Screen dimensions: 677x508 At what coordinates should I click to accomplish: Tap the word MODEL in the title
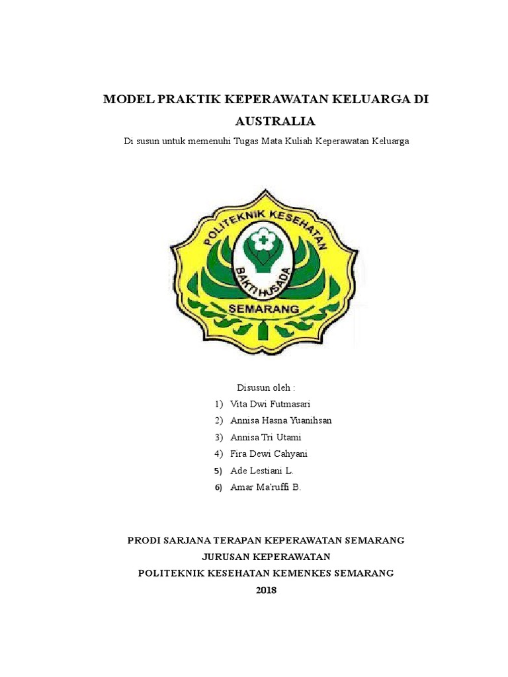tap(127, 100)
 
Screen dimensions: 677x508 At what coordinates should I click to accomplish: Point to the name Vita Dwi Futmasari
tap(270, 404)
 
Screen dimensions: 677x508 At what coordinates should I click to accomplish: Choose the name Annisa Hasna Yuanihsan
tap(281, 420)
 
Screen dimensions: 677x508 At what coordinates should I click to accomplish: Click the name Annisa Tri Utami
tap(266, 438)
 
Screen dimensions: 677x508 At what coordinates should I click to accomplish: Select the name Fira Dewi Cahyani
tap(269, 454)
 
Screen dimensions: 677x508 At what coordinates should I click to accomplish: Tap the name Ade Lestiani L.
tap(261, 471)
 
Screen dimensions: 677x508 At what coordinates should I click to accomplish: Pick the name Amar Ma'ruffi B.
tap(265, 488)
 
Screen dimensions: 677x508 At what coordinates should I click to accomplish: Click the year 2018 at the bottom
tap(266, 590)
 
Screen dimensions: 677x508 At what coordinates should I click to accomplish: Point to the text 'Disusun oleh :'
tap(266, 387)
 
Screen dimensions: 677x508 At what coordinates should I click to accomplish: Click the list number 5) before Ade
tap(218, 471)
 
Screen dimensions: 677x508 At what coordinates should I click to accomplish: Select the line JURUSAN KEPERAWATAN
tap(266, 557)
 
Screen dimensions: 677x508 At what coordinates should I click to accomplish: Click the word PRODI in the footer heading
tap(143, 540)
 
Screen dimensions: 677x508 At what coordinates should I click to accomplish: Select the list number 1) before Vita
tap(218, 404)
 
